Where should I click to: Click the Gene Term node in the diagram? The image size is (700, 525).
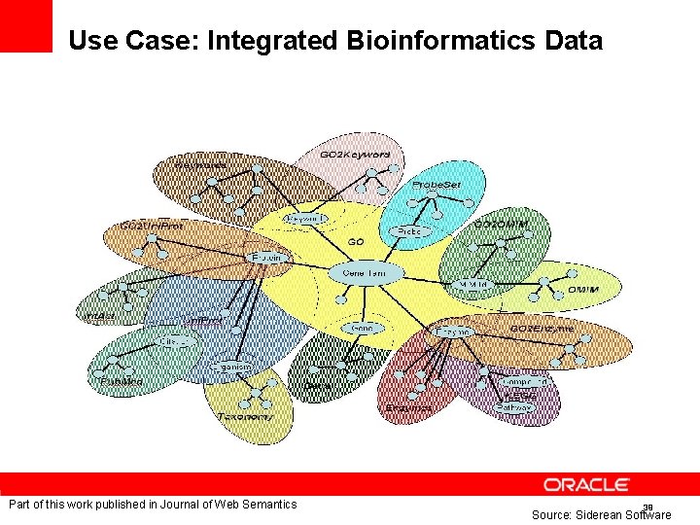364,273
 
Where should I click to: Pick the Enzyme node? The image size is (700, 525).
452,332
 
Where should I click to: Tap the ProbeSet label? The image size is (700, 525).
436,184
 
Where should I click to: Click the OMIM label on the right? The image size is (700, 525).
582,290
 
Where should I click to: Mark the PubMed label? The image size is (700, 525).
121,381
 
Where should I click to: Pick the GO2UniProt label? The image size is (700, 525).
154,225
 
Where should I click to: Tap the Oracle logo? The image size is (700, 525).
587,484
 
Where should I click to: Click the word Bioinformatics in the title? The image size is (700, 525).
437,41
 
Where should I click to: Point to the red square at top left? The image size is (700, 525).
25,25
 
